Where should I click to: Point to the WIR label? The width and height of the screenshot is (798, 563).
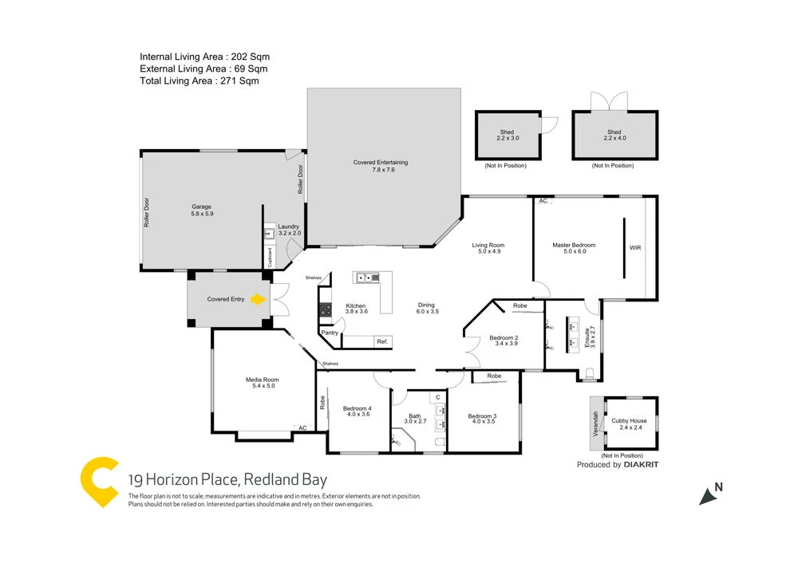coord(635,248)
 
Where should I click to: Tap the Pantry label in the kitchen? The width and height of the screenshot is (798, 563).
coord(329,333)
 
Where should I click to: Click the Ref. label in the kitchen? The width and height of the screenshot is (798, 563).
coord(382,341)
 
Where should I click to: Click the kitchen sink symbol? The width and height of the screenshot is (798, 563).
coord(369,278)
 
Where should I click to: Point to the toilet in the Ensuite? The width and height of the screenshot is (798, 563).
coord(590,374)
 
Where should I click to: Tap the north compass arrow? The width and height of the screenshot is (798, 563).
coord(708,495)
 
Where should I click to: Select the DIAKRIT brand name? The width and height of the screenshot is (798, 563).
coord(642,465)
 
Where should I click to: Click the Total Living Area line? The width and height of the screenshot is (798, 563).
coord(199,81)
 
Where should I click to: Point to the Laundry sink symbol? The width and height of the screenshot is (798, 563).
coord(269,234)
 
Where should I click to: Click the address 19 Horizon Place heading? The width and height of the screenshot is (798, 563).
coord(227,480)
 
